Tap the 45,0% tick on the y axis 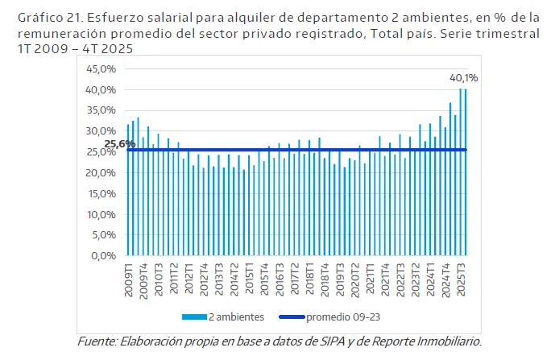(x=101, y=68)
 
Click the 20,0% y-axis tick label (x=101, y=172)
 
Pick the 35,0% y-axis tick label (x=101, y=110)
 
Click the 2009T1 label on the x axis (x=127, y=279)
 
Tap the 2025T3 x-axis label (x=461, y=279)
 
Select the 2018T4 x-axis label (x=325, y=279)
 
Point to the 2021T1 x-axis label (x=370, y=279)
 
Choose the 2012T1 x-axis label (x=188, y=279)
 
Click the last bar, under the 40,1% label (x=466, y=172)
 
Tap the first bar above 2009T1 (x=128, y=190)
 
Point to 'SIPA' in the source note (x=313, y=341)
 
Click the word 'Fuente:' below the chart (x=97, y=341)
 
